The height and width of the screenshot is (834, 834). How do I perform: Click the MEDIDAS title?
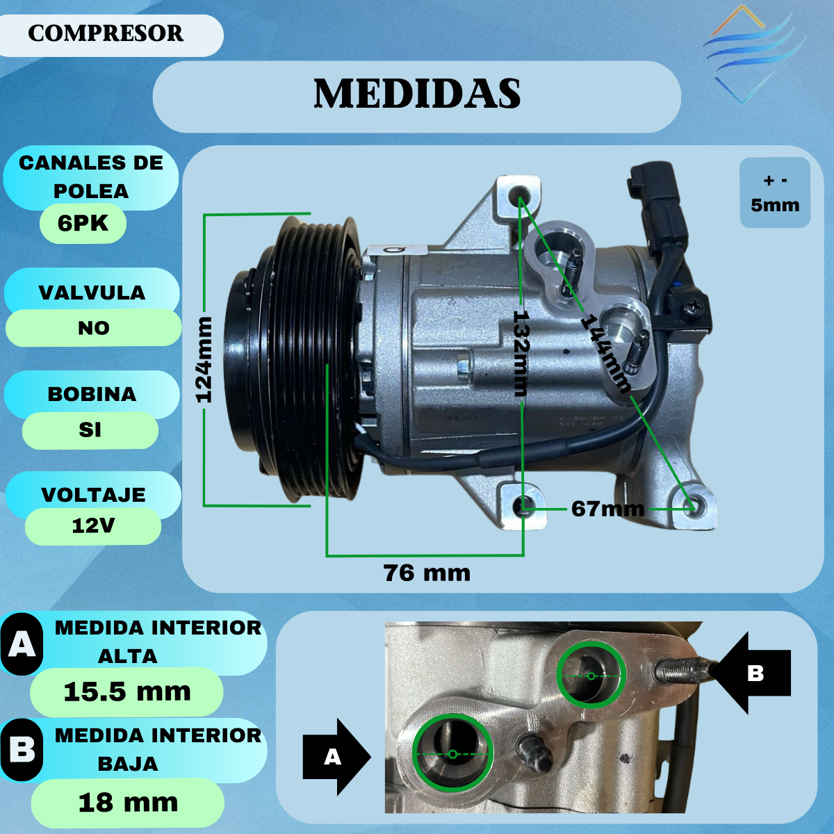417,93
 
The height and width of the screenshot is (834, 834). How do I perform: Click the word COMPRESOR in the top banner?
106,33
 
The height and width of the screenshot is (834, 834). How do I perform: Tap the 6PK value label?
83,223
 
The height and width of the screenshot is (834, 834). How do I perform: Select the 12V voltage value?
93,526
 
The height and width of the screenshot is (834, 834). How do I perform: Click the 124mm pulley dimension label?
204,359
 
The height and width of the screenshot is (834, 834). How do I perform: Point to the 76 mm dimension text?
427,573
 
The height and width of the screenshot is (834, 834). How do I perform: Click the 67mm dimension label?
607,509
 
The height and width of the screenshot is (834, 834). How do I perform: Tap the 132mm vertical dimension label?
521,353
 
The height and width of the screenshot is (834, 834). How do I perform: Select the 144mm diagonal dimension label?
605,354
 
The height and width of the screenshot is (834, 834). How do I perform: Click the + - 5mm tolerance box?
775,193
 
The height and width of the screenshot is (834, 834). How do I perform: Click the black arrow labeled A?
336,757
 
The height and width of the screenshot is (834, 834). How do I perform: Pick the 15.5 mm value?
126,692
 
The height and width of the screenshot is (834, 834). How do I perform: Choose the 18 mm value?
128,803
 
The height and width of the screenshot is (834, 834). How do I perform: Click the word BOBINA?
92,394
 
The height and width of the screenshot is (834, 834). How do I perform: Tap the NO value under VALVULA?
94,329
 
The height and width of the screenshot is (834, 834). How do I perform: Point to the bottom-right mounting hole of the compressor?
693,507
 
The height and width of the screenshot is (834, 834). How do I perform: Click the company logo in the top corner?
753,54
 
